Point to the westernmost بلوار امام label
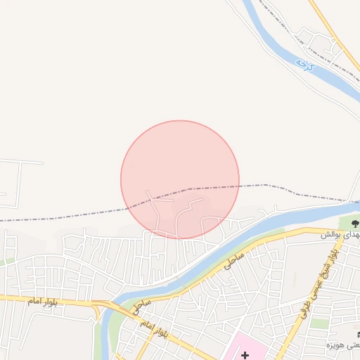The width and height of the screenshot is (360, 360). [x=42, y=301]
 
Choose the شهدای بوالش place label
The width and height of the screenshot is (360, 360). [x=340, y=233]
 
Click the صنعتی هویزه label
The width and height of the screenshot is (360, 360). [x=342, y=345]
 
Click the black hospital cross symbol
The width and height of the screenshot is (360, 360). [x=245, y=355]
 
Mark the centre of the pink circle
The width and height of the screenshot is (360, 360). [x=180, y=180]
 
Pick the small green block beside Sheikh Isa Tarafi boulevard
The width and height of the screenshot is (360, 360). [x=320, y=323]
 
